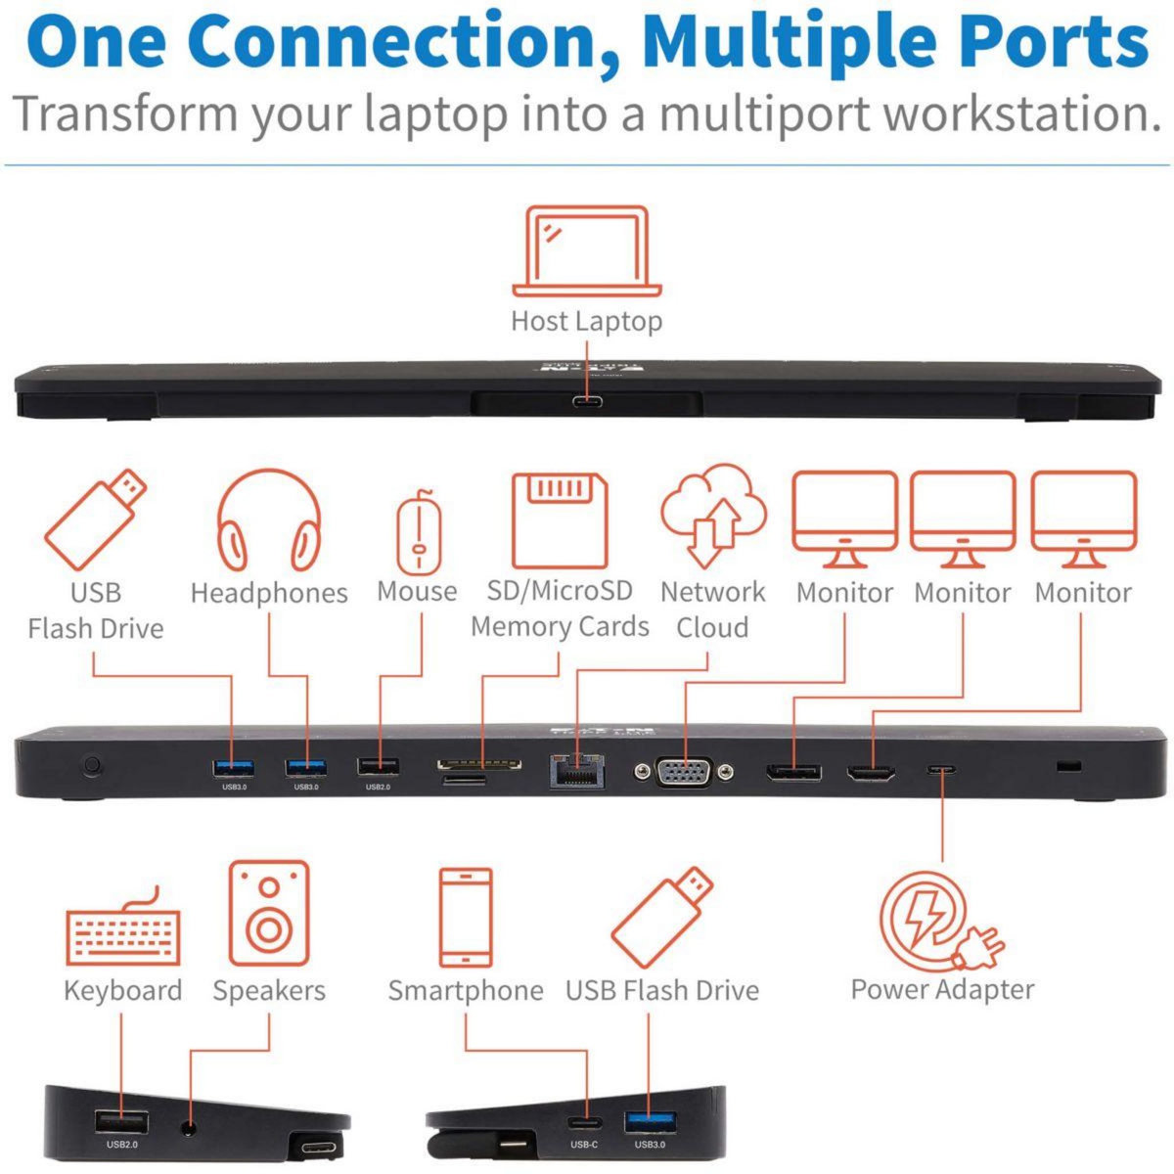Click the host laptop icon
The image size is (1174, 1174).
tap(587, 250)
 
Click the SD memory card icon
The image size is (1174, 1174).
tap(560, 520)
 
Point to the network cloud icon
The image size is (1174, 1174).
tap(713, 515)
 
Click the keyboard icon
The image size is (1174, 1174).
tap(123, 926)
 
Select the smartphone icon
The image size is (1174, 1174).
tap(466, 917)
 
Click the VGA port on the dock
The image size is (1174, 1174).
tap(684, 772)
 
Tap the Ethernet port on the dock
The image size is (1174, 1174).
tap(577, 772)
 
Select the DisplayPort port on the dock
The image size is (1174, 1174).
tap(792, 772)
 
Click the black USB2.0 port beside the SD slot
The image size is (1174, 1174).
tap(378, 767)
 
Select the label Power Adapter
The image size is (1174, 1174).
tap(942, 989)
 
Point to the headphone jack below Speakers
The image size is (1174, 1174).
tap(189, 1127)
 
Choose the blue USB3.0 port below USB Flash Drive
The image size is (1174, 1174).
tap(649, 1120)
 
